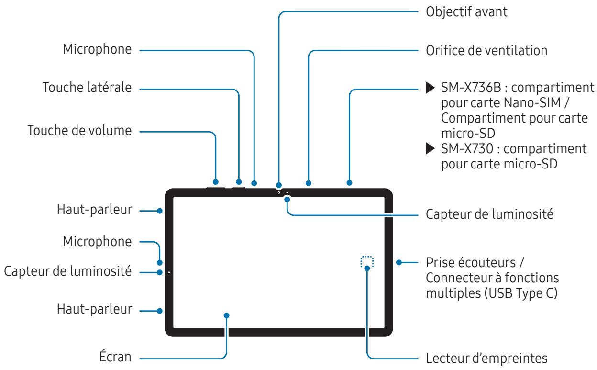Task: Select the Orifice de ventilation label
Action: click(486, 50)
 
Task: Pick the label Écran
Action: click(117, 357)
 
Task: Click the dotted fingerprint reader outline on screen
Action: click(366, 261)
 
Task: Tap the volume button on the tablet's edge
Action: click(216, 187)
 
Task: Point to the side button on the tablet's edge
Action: click(239, 187)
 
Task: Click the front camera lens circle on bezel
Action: click(279, 193)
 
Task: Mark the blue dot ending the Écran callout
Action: click(227, 315)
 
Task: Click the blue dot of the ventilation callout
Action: click(309, 183)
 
